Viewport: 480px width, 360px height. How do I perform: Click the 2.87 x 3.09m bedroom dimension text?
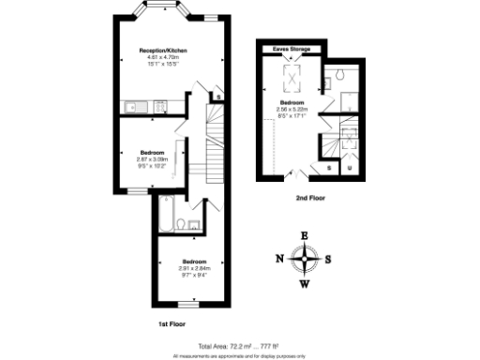(x=154, y=159)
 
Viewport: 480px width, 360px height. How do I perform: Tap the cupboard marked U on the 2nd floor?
(x=349, y=168)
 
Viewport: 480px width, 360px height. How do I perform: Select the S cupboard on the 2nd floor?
(x=330, y=168)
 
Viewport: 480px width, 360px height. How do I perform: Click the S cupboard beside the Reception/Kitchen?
(x=217, y=96)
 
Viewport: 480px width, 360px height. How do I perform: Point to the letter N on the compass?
(x=279, y=259)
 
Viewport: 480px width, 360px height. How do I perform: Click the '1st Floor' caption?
(x=170, y=323)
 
